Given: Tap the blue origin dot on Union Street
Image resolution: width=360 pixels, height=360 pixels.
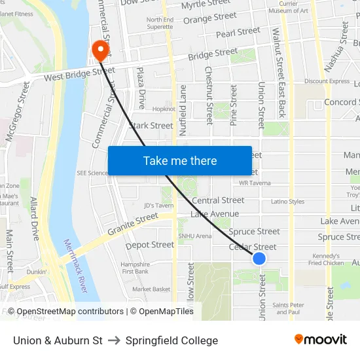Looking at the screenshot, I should (x=259, y=259).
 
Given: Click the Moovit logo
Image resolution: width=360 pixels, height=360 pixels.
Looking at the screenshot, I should (x=321, y=339).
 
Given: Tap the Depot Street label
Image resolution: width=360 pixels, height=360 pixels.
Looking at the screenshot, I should (x=150, y=245).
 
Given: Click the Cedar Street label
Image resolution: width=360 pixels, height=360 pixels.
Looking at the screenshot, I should (x=253, y=247).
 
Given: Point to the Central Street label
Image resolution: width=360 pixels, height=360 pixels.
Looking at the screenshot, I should (x=218, y=200).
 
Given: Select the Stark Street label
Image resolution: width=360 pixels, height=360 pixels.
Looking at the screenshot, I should (x=151, y=125).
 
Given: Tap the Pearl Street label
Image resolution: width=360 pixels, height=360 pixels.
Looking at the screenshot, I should (x=238, y=32).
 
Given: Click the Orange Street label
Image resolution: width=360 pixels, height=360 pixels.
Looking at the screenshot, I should (x=210, y=18).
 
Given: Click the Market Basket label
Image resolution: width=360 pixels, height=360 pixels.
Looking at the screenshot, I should (x=151, y=289).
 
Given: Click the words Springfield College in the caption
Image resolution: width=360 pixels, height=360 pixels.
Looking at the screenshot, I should (x=171, y=340).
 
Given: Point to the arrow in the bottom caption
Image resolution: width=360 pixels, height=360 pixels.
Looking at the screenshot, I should (x=114, y=340).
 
